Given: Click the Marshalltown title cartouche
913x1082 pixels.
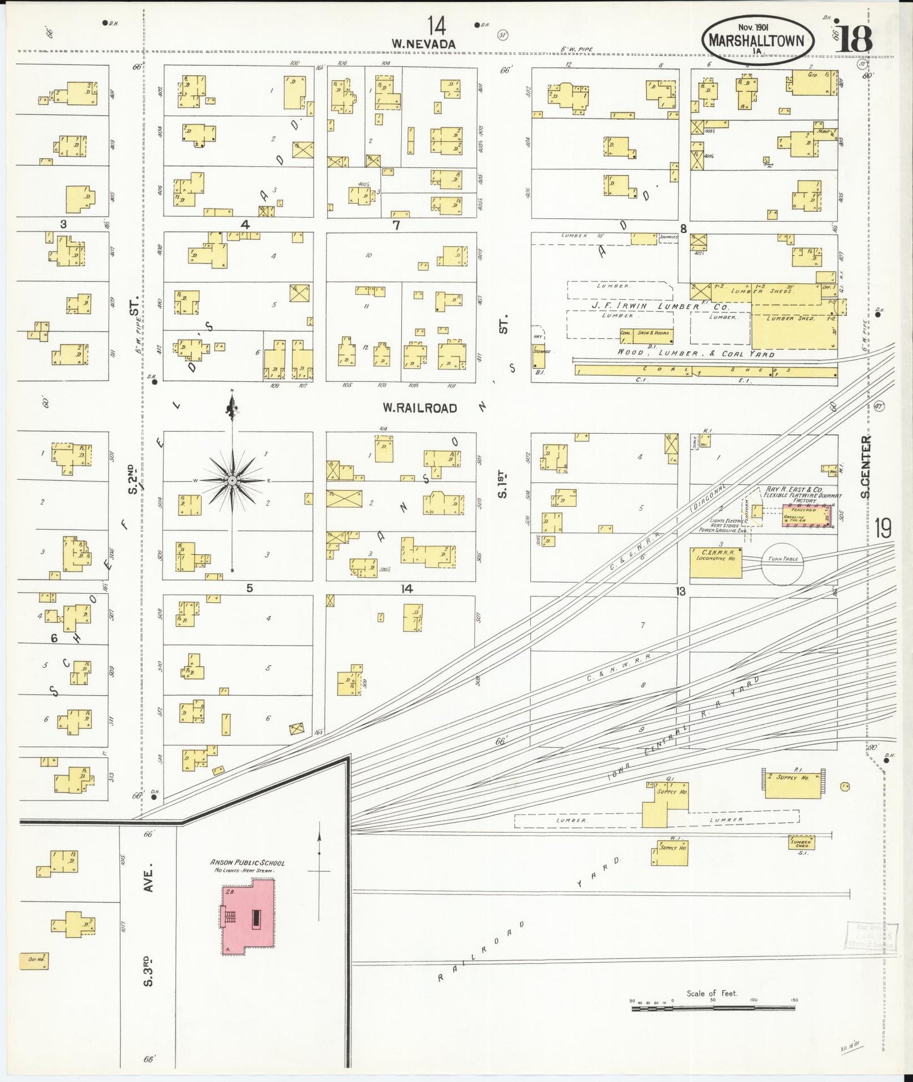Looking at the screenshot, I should click(756, 39).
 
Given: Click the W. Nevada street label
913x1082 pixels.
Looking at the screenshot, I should click(423, 44).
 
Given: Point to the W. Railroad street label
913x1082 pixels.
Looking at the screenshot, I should click(419, 408).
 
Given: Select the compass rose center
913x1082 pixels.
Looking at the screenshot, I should click(233, 481).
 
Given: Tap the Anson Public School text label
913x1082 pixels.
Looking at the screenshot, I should click(247, 863).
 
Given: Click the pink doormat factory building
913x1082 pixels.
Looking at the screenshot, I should click(806, 514).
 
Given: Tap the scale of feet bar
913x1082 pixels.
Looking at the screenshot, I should click(713, 1009).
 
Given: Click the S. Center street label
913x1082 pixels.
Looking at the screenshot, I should click(865, 467).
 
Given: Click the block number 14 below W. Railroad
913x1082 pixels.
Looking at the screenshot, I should click(406, 589).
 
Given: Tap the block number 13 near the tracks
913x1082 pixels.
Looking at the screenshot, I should click(680, 592).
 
